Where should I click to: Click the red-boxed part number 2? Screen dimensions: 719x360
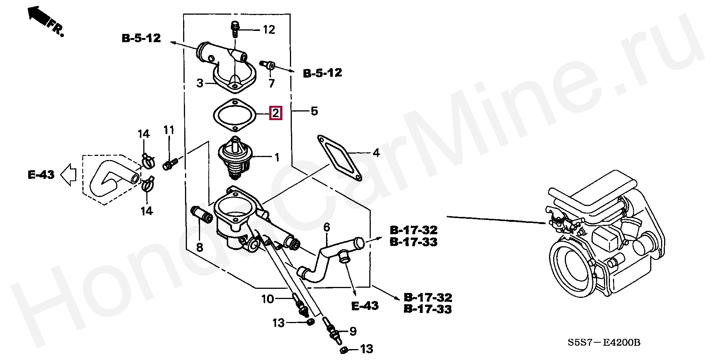[x=276, y=113]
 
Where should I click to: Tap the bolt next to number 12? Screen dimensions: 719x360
[x=235, y=29]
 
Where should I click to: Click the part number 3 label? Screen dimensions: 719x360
[x=200, y=83]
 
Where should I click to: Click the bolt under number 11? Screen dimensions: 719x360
[x=170, y=164]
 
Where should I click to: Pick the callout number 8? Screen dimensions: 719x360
[x=200, y=247]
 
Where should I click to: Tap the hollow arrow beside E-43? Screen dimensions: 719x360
[x=69, y=175]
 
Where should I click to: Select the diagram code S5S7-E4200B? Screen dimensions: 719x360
[x=604, y=342]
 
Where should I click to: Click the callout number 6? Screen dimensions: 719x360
[x=326, y=227]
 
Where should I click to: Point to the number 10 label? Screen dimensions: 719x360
[x=267, y=299]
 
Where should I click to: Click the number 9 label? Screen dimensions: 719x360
[x=353, y=331]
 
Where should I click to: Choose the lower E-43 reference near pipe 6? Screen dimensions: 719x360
[x=365, y=305]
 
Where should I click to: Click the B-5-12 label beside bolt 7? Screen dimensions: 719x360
[x=323, y=73]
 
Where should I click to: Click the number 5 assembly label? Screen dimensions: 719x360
[x=314, y=111]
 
